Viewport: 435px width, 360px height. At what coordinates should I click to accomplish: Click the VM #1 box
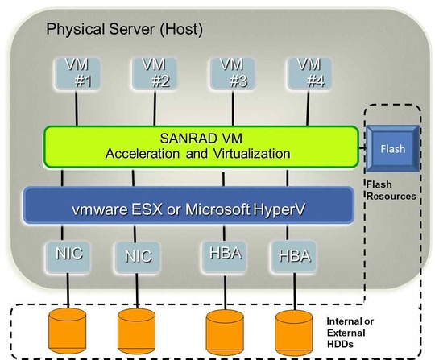[x=75, y=73]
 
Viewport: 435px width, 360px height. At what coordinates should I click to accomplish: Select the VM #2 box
[x=154, y=73]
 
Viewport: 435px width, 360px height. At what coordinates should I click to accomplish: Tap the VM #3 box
[x=233, y=73]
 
